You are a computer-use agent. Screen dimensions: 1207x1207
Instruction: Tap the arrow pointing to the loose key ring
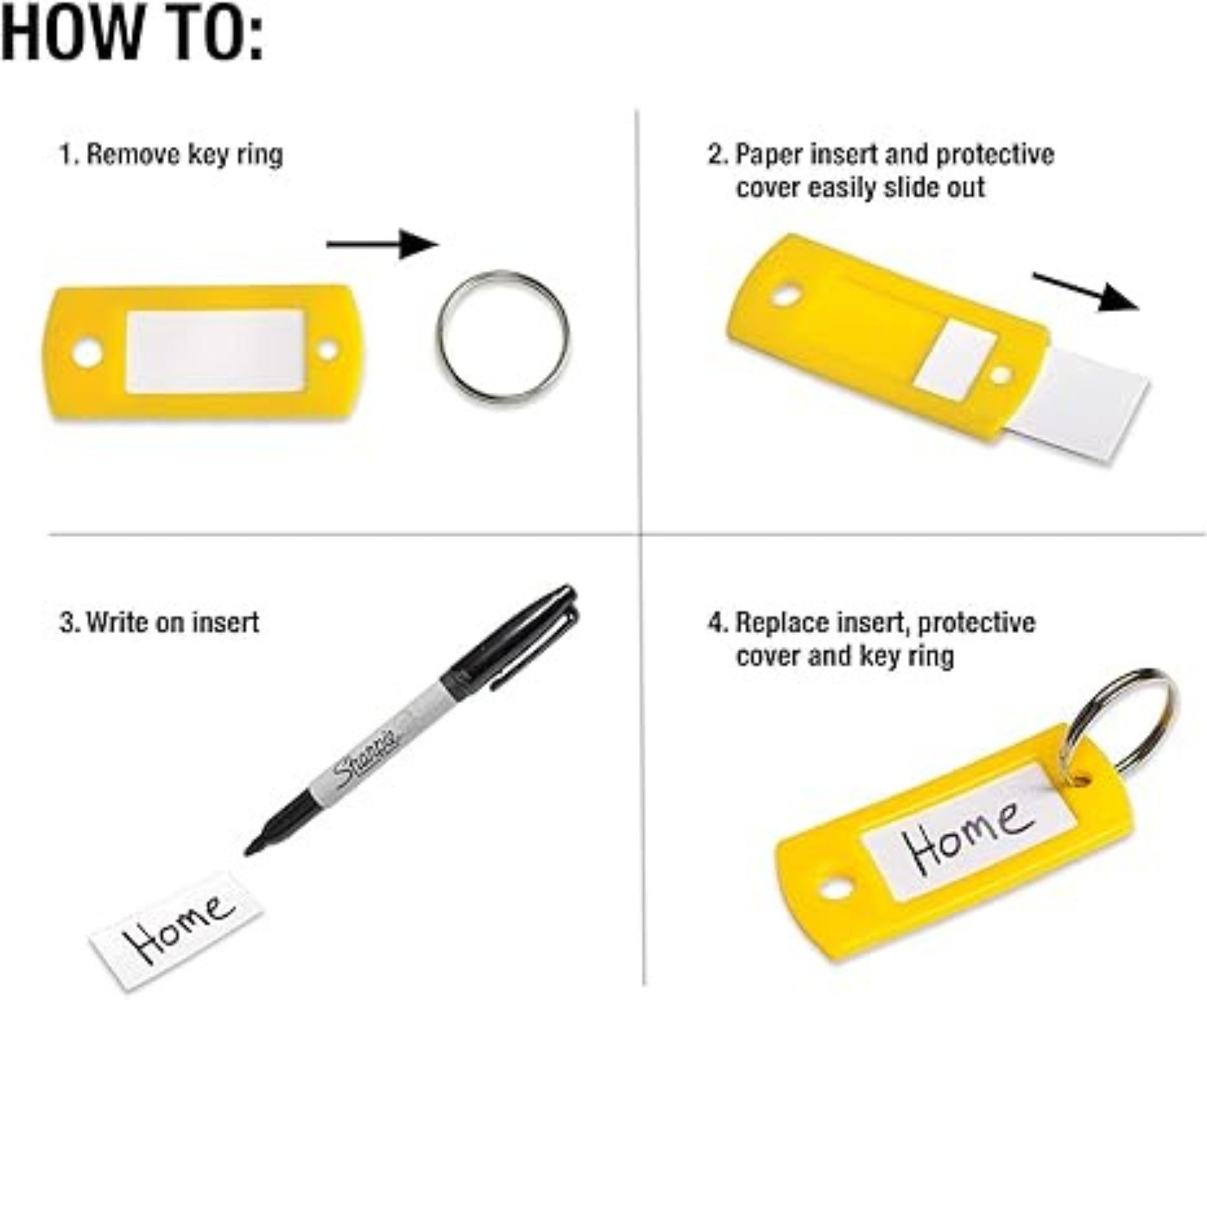[x=381, y=244]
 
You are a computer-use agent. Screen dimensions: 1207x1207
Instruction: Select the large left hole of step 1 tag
[x=87, y=353]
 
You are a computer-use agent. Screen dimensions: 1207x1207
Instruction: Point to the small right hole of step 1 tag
[x=327, y=350]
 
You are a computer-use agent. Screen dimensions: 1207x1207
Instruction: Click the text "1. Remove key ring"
[x=171, y=154]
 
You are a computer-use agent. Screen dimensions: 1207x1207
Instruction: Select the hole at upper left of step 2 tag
[x=786, y=294]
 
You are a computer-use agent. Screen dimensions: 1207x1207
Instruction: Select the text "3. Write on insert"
[x=160, y=622]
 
